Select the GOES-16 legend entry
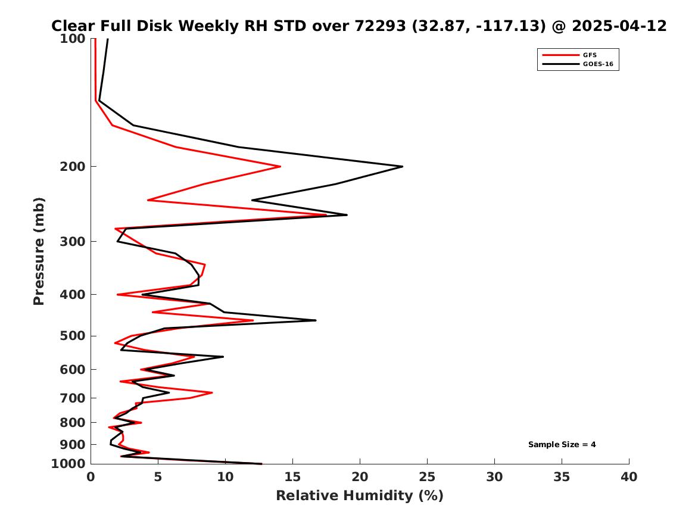pyautogui.click(x=578, y=64)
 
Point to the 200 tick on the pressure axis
pyautogui.click(x=73, y=167)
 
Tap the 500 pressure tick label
pyautogui.click(x=73, y=336)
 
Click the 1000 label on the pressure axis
pyautogui.click(x=68, y=464)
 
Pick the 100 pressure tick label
pyautogui.click(x=73, y=39)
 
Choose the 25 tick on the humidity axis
pyautogui.click(x=427, y=477)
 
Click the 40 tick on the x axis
pyautogui.click(x=629, y=477)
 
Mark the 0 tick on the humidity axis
pyautogui.click(x=91, y=477)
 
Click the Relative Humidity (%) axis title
pyautogui.click(x=360, y=495)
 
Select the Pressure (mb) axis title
pyautogui.click(x=39, y=251)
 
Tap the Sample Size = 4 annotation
pyautogui.click(x=562, y=444)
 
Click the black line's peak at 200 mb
pyautogui.click(x=403, y=167)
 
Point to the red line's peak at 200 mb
pyautogui.click(x=280, y=167)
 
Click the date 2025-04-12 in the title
pyautogui.click(x=619, y=26)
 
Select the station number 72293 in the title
pyautogui.click(x=381, y=26)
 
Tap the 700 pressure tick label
pyautogui.click(x=73, y=398)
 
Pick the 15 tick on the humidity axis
pyautogui.click(x=292, y=477)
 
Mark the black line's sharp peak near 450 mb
pyautogui.click(x=316, y=320)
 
